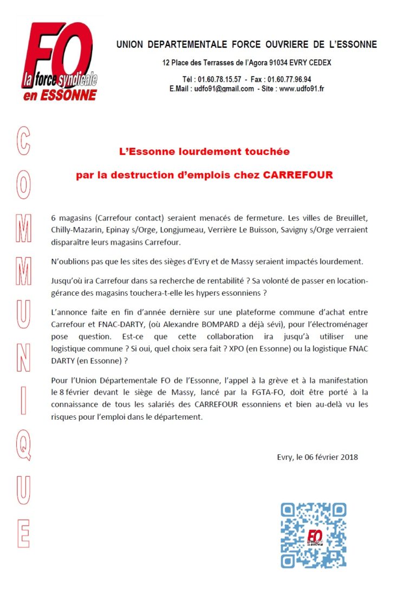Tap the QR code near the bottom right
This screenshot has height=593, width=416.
click(x=313, y=535)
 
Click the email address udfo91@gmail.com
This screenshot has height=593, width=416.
click(x=224, y=89)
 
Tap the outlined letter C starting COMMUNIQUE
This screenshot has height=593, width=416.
click(x=23, y=141)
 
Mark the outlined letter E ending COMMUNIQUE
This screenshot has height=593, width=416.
click(x=23, y=533)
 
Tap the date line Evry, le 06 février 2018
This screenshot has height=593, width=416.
click(x=317, y=457)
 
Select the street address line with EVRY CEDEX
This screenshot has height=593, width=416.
click(x=246, y=63)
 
